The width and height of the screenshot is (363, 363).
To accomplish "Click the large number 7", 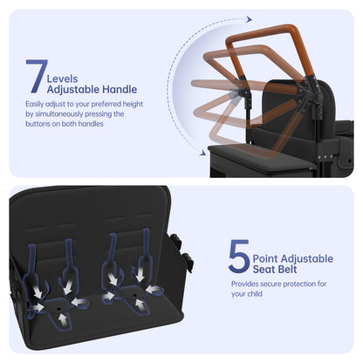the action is [37, 76].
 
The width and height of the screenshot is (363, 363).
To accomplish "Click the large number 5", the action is [239, 256].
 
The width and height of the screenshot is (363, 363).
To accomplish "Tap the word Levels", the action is [62, 79].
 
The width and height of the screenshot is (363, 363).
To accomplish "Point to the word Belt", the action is [286, 270].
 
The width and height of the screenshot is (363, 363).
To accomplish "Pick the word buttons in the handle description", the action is [38, 124].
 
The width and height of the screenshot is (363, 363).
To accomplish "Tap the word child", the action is [255, 294].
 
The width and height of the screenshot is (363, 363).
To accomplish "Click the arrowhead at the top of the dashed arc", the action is [249, 19].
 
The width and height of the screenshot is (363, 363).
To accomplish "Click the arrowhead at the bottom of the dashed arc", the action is [203, 153].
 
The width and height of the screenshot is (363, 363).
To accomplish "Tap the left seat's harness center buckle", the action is [58, 306].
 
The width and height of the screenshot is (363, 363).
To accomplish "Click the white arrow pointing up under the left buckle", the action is [62, 320].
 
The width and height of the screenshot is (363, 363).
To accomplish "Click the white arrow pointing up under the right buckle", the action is [140, 305].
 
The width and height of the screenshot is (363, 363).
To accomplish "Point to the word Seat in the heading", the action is [263, 270].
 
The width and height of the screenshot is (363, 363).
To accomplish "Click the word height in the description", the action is [133, 104].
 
